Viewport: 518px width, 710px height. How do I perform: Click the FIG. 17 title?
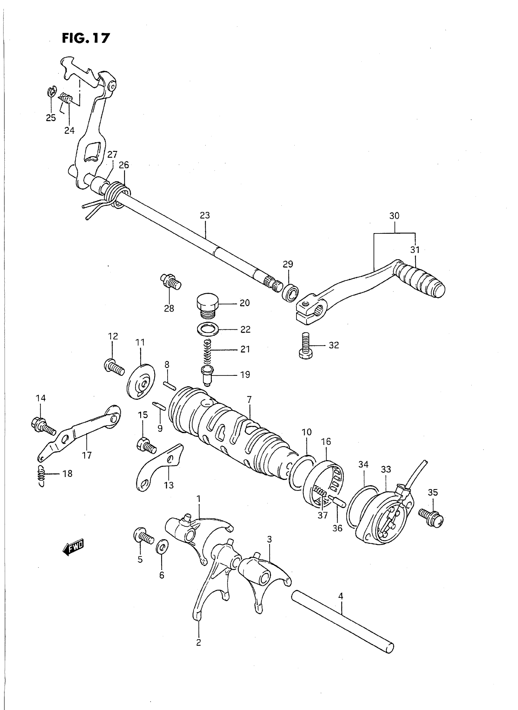pos(86,38)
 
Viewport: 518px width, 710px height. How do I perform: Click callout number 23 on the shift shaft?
pos(205,215)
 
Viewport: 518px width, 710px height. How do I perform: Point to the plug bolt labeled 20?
pos(207,303)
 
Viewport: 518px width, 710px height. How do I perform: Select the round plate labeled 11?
pos(141,381)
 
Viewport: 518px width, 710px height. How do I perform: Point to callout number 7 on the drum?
pos(249,400)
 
